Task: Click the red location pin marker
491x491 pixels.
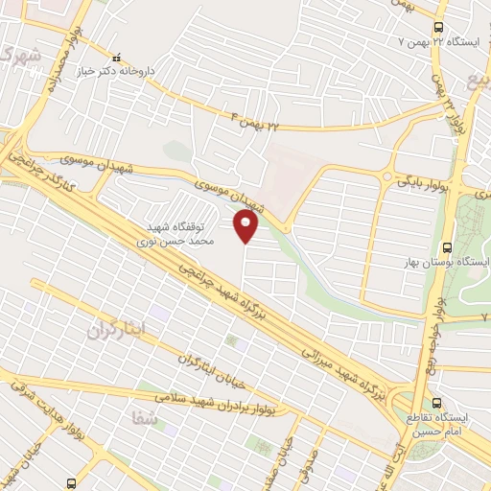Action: point(246,225)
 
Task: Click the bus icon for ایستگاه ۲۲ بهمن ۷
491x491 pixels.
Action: point(438,27)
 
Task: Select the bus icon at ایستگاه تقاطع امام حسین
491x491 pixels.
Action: point(437,402)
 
